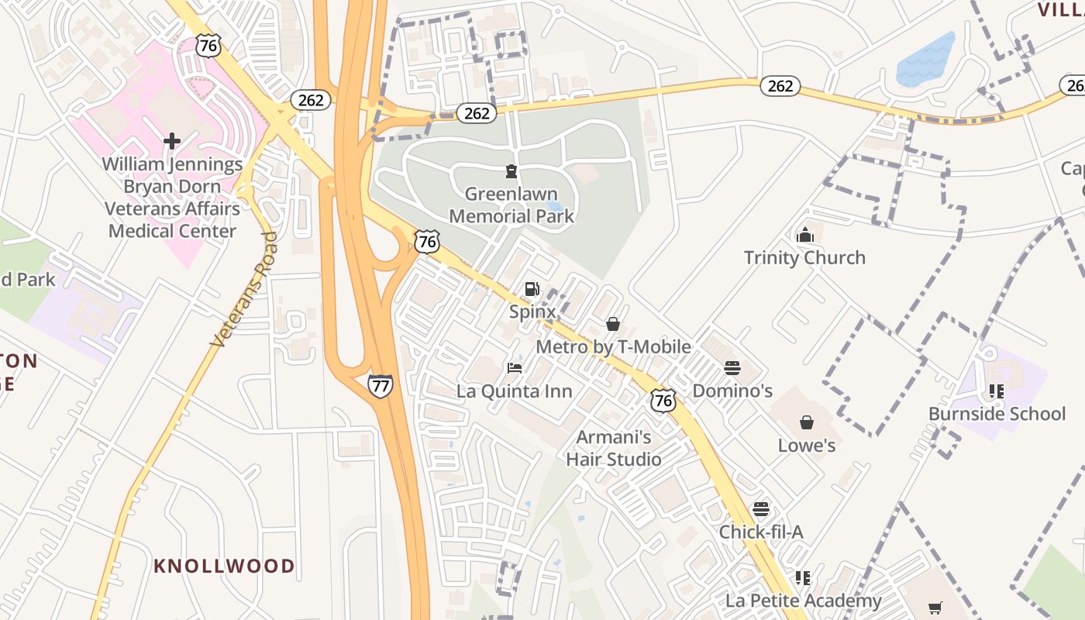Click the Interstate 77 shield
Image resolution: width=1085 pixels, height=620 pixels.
point(381,385)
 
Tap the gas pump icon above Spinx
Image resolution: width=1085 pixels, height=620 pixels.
point(532,290)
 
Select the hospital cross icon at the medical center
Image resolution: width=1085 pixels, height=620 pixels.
point(172,141)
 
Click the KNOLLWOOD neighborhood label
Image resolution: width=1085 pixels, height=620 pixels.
point(224,566)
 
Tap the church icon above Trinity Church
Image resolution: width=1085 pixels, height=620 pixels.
point(804,235)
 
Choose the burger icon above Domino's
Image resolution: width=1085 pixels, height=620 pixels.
point(732,368)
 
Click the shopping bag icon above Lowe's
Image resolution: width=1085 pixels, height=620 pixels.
point(807,422)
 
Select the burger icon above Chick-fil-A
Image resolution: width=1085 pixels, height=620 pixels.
point(761,509)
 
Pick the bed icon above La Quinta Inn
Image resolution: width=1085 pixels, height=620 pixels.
point(515,368)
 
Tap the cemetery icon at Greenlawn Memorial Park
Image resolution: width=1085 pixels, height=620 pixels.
point(511,171)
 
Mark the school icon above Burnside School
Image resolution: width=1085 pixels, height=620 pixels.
point(997,391)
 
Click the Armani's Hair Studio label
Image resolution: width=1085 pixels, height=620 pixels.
point(613,448)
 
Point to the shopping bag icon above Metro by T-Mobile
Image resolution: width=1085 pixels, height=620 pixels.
point(613,324)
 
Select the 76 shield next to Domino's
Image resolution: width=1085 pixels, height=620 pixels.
point(663,400)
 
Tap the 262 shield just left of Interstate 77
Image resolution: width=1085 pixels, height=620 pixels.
point(312,99)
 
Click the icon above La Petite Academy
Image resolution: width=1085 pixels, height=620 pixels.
point(803,577)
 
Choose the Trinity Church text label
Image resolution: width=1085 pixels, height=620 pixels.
point(804,257)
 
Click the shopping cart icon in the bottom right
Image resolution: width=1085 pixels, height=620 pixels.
point(936,607)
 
